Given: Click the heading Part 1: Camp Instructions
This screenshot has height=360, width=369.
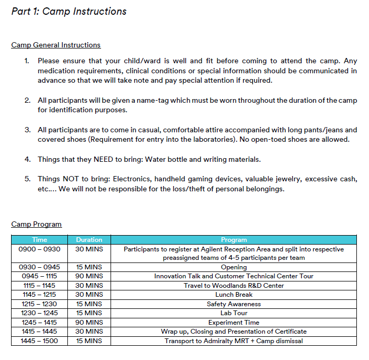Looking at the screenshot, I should point(69,11).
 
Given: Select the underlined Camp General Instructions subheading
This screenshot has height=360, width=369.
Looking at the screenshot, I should point(56,45).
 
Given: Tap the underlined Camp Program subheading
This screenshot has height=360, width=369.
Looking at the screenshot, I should point(36,225).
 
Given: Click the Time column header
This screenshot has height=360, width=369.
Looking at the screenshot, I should point(39,240).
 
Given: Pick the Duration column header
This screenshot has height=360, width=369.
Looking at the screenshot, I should point(89,240).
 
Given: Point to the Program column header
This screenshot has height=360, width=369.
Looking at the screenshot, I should point(234,240).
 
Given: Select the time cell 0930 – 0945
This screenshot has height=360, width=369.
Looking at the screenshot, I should point(39,267).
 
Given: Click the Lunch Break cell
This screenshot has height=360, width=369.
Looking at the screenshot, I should point(234,295).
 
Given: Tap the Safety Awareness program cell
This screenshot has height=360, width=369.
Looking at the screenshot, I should point(234,304).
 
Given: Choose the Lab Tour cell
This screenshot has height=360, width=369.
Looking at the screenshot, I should point(234,313).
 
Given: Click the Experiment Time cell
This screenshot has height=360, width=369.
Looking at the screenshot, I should point(234,323).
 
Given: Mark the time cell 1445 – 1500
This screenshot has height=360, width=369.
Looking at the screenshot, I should point(39,341).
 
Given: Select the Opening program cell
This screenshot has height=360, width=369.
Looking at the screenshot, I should point(234,267).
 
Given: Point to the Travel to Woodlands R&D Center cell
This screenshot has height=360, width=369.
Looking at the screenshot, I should point(234,286).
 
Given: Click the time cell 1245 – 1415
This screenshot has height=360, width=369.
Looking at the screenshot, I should point(39,323).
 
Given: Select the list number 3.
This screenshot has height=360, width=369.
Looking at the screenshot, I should point(27,130).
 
